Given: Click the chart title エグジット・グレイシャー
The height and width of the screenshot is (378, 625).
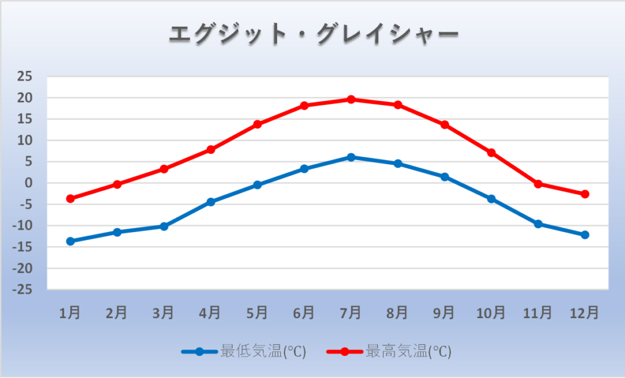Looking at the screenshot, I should [x=312, y=34].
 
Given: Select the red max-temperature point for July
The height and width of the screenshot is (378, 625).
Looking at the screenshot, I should [x=351, y=99].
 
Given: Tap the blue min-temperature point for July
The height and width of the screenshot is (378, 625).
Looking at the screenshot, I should [x=351, y=157].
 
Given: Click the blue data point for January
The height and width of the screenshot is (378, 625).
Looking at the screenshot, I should [x=70, y=241].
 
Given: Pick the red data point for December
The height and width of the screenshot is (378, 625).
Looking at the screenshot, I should [x=585, y=194].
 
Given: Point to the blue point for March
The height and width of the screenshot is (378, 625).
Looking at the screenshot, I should [x=164, y=226].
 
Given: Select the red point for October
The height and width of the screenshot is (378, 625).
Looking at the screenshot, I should [x=491, y=153].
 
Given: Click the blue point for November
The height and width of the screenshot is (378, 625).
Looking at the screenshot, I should [x=538, y=224].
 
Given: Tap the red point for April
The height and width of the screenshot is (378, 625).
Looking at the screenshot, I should [x=211, y=150].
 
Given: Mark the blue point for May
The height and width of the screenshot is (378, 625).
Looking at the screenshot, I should [x=258, y=184].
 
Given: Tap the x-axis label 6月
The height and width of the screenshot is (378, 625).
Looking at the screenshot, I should [x=304, y=313].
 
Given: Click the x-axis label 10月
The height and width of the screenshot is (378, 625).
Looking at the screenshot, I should [x=491, y=313].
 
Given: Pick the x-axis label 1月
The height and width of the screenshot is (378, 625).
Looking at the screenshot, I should [x=70, y=313].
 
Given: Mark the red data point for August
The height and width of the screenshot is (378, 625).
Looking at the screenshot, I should [x=398, y=104].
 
